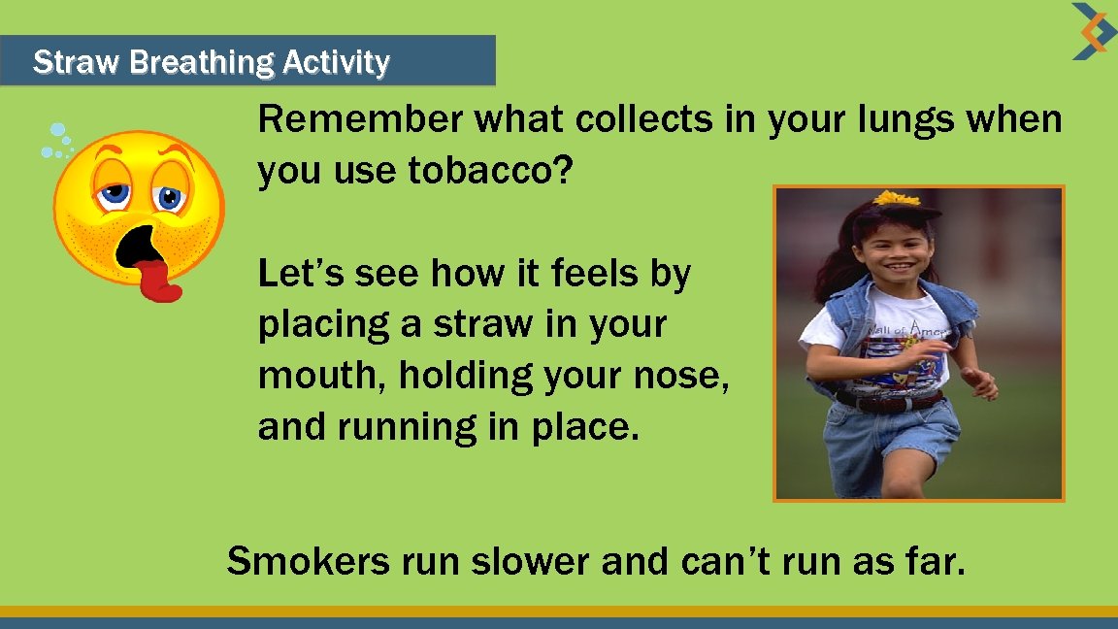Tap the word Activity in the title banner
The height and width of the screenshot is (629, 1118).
tap(336, 63)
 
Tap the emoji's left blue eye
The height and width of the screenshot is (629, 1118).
tap(115, 191)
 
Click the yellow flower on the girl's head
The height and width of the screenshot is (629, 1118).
tap(898, 199)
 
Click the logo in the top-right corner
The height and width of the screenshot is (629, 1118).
tap(1094, 31)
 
